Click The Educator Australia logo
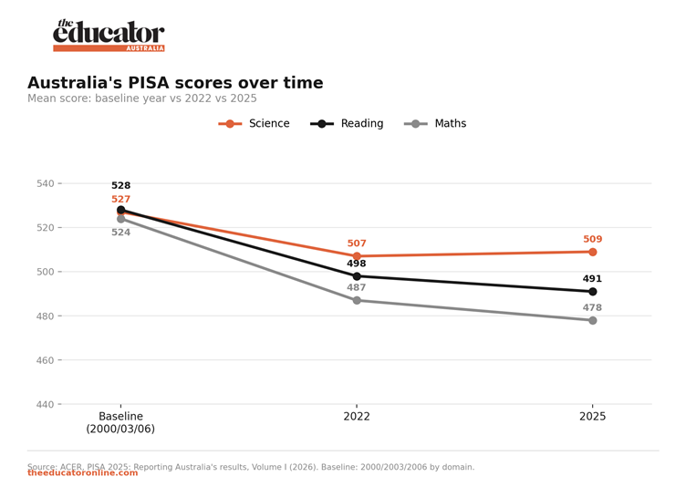click(x=109, y=36)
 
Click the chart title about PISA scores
click(x=175, y=83)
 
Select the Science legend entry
click(x=254, y=123)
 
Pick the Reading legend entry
click(x=347, y=123)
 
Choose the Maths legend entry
click(x=435, y=123)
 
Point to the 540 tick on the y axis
click(x=46, y=183)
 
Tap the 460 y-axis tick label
click(x=46, y=360)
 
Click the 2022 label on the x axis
click(x=357, y=416)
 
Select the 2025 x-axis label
click(x=592, y=416)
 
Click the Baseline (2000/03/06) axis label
click(x=120, y=422)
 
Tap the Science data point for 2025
click(x=593, y=252)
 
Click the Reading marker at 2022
click(x=357, y=276)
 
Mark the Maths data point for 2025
click(x=593, y=321)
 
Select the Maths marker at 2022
click(x=357, y=301)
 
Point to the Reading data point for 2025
click(x=593, y=292)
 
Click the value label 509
click(x=592, y=239)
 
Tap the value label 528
click(x=120, y=185)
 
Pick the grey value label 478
click(x=592, y=307)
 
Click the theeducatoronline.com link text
click(x=83, y=473)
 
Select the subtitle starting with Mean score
click(x=142, y=98)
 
